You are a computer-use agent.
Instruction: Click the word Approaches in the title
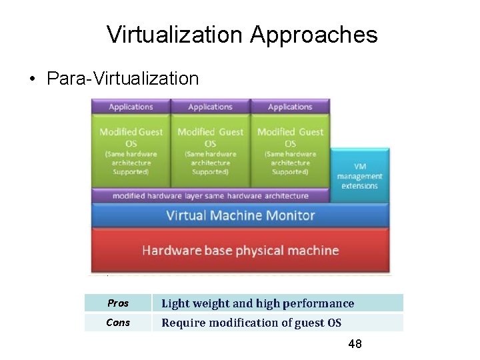pos(313,35)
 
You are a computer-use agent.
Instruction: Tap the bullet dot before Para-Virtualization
pos(32,79)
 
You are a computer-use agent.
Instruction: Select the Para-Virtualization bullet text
pos(123,79)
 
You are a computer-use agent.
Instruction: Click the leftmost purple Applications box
pos(131,107)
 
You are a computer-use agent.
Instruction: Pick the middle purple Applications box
pos(210,107)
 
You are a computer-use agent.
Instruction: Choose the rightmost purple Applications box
pos(290,107)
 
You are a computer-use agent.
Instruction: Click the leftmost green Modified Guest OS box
pos(131,151)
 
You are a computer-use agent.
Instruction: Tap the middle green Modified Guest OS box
pos(210,151)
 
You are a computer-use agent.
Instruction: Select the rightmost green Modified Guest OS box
pos(290,151)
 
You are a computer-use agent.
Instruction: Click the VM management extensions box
pos(359,175)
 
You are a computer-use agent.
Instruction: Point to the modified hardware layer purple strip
pos(210,196)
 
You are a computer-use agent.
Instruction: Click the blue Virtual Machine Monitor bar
pos(240,215)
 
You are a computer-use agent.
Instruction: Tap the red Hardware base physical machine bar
pos(240,251)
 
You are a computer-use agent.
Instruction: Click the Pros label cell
pos(118,303)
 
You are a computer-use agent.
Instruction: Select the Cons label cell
pos(118,323)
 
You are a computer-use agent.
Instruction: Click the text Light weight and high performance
pos(258,303)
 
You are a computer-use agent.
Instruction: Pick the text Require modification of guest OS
pos(251,323)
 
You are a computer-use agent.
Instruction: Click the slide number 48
pos(355,344)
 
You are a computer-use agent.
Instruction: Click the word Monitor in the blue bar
pos(289,215)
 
